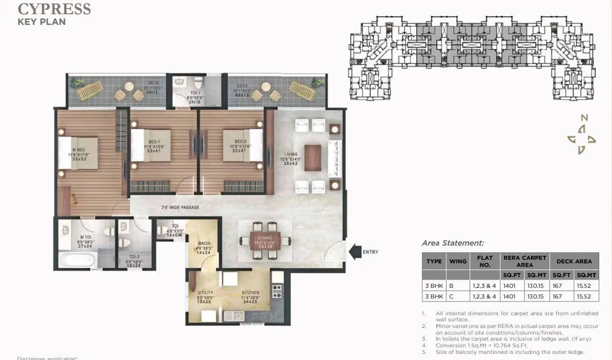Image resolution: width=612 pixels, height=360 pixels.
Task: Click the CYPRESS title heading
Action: click(54, 9)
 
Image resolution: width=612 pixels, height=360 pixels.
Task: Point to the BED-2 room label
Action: click(240, 142)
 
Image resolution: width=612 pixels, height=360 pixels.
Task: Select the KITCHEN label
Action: click(251, 293)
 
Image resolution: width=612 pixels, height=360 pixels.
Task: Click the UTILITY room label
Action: click(205, 293)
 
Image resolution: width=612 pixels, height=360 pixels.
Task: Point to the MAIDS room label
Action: click(203, 244)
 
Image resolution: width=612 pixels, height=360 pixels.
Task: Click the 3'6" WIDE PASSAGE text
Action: click(180, 207)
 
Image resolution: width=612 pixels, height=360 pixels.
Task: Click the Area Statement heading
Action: click(453, 244)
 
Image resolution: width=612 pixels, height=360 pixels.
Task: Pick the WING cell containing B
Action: click(451, 286)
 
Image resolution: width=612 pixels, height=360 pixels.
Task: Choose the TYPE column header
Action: click(434, 261)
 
